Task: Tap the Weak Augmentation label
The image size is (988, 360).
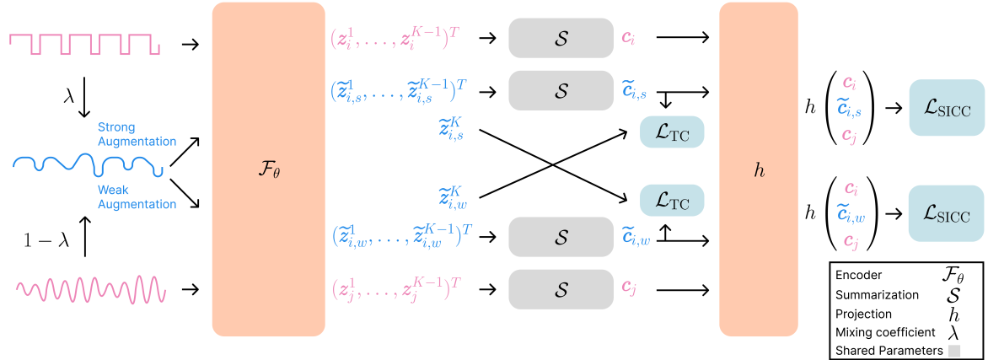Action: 137,197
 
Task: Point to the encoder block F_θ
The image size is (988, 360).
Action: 268,169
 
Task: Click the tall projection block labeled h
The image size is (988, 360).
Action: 758,169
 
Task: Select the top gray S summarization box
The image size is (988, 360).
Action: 561,38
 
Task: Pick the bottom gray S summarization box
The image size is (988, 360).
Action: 561,289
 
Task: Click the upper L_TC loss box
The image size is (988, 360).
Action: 672,132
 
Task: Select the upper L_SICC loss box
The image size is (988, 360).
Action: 947,107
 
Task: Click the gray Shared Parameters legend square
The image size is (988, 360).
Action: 954,350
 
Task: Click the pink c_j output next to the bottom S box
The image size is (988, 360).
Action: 628,289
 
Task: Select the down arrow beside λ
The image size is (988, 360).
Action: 83,99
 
